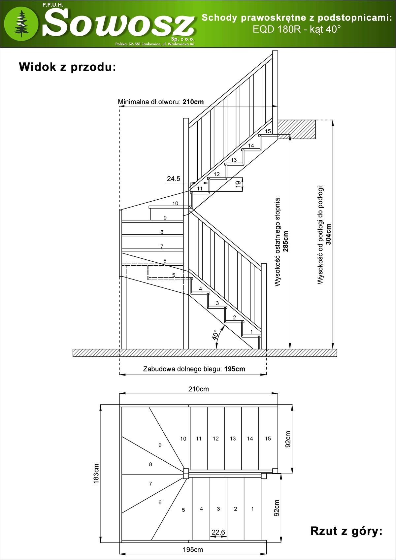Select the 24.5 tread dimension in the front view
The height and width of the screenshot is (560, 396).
(x=173, y=179)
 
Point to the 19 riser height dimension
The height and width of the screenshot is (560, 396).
(x=238, y=184)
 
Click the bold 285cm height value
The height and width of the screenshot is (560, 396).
(x=286, y=241)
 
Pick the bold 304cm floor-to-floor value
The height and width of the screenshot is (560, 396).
(x=328, y=234)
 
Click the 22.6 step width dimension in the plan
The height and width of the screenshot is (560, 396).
(x=218, y=532)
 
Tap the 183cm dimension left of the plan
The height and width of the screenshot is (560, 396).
(x=96, y=474)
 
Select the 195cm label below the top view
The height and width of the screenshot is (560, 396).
(x=193, y=550)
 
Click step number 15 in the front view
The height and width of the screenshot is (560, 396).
(x=268, y=131)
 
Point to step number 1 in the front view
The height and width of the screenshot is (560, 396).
(x=251, y=332)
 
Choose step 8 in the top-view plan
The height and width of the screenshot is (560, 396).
(x=150, y=464)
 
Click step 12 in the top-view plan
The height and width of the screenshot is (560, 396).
(x=215, y=439)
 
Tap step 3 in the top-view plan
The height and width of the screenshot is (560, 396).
(x=218, y=509)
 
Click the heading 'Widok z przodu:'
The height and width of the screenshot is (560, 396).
(x=67, y=67)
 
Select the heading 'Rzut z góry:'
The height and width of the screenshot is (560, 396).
(x=346, y=531)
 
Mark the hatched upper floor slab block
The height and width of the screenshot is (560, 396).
(x=296, y=129)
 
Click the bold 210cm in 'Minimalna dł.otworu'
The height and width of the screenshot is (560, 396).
(x=193, y=102)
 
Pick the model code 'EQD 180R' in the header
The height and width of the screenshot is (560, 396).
(x=277, y=29)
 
